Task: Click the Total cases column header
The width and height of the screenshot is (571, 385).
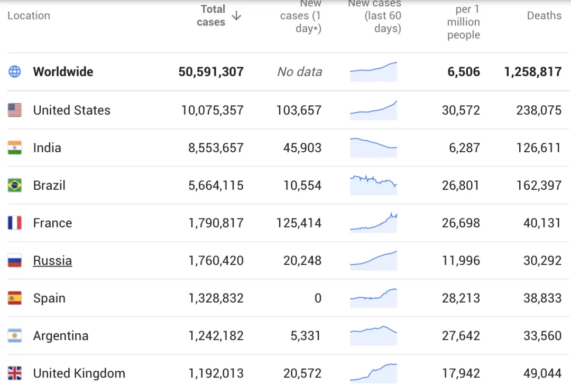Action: click(x=211, y=16)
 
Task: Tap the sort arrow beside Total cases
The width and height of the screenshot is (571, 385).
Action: click(x=237, y=16)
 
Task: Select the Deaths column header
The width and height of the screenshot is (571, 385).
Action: click(x=544, y=16)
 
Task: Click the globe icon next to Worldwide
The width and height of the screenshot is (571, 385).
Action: click(x=15, y=71)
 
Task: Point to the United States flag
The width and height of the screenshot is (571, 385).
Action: click(x=15, y=110)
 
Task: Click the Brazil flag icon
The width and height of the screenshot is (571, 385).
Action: click(x=15, y=185)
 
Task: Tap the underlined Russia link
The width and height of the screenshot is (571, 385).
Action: click(x=52, y=260)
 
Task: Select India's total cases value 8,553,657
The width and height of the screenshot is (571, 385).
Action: click(x=216, y=148)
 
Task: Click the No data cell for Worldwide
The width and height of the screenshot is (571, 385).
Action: click(x=300, y=72)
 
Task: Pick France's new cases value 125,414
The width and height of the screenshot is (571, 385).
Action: click(x=299, y=223)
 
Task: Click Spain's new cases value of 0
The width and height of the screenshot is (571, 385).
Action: click(x=318, y=298)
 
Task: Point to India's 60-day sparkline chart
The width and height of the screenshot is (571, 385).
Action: click(x=373, y=148)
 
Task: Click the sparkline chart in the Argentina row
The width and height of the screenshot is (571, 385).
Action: click(x=373, y=335)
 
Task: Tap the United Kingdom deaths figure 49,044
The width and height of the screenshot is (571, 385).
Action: click(x=542, y=373)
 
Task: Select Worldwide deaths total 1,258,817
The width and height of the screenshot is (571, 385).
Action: click(x=533, y=72)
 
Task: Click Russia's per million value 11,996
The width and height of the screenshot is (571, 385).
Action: click(x=461, y=260)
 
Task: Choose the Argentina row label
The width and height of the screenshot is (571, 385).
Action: click(x=61, y=335)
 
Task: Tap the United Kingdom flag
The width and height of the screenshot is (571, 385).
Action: click(x=15, y=373)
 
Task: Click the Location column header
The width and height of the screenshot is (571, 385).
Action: click(x=29, y=16)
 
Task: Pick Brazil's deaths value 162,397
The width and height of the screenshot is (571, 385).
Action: click(x=539, y=186)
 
